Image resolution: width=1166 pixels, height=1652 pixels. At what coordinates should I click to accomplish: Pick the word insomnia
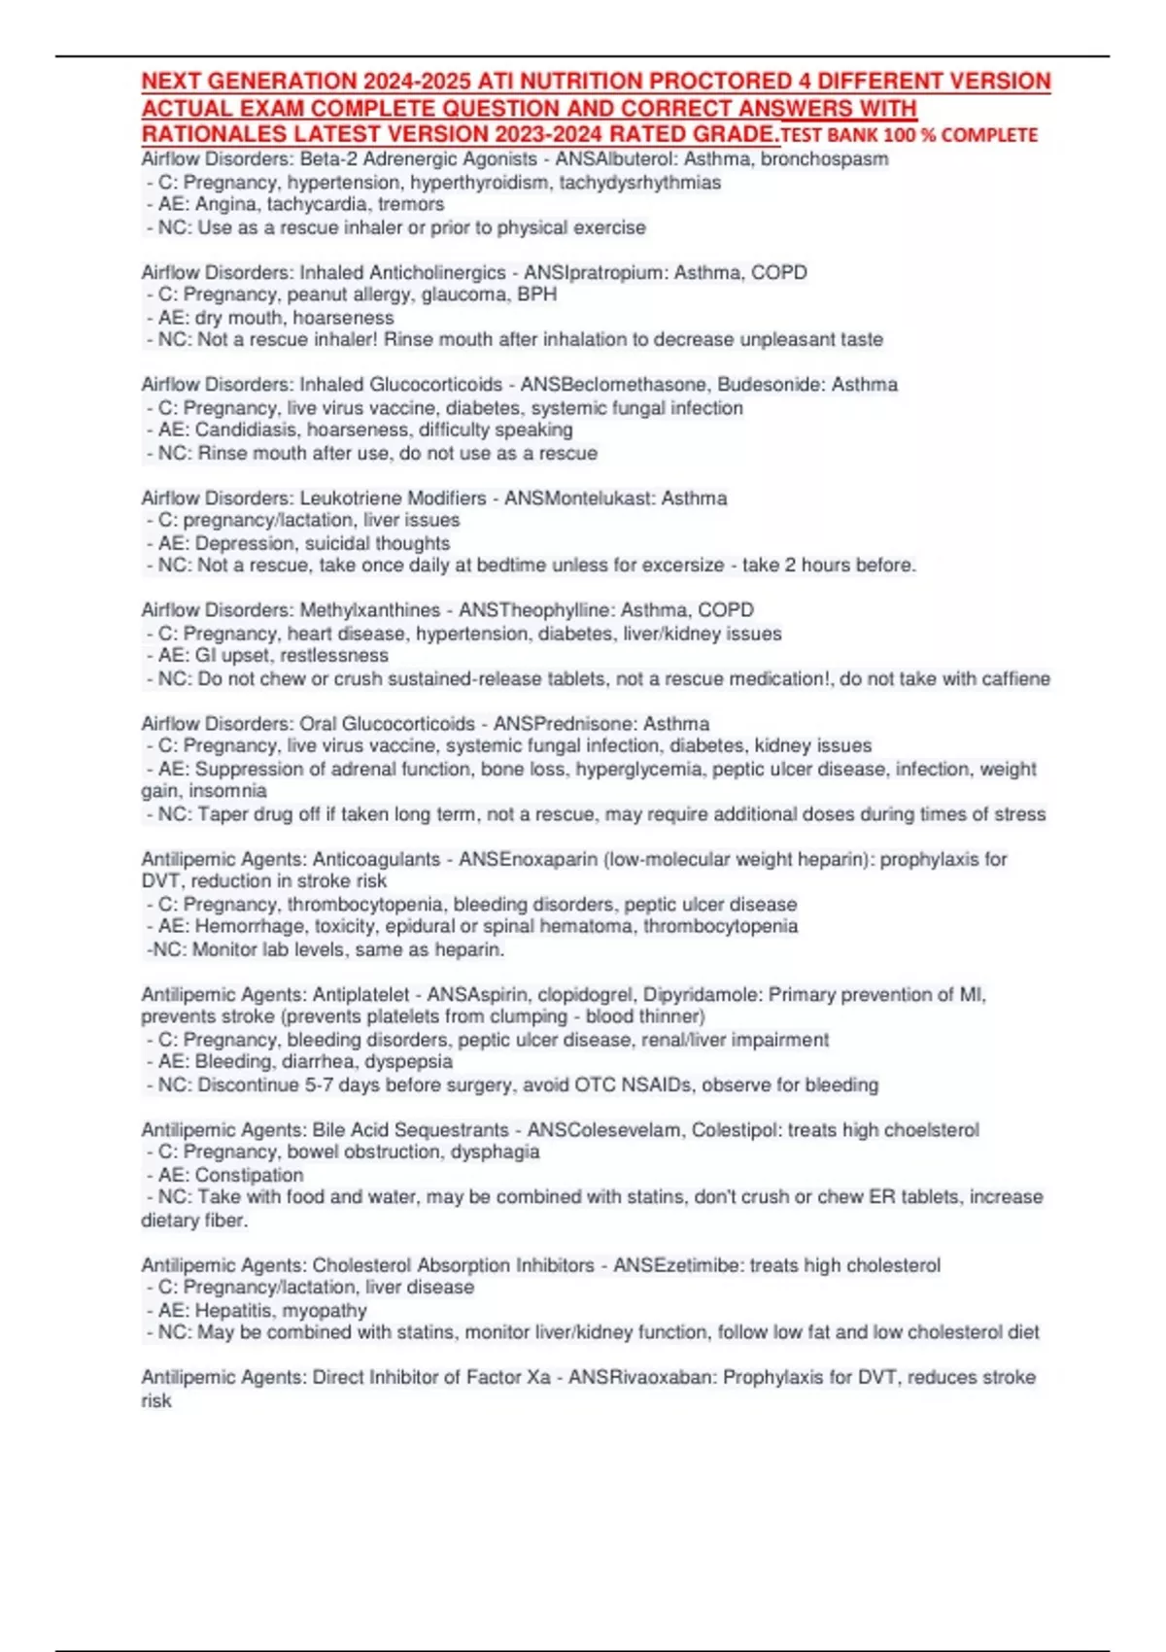(x=228, y=791)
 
